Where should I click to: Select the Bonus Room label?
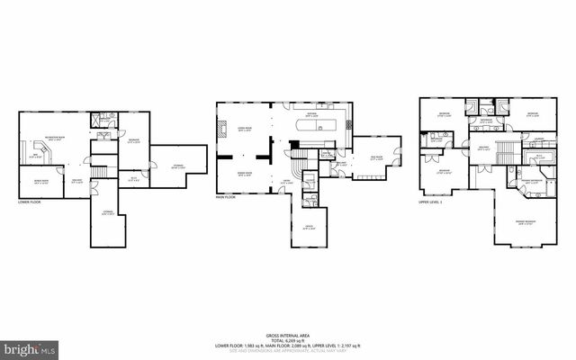click(x=40, y=182)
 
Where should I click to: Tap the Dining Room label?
click(x=243, y=174)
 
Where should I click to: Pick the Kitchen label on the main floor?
click(x=310, y=114)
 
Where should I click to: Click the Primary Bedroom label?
click(x=521, y=222)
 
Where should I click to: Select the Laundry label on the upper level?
click(x=537, y=138)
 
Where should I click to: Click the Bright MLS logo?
click(x=29, y=347)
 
